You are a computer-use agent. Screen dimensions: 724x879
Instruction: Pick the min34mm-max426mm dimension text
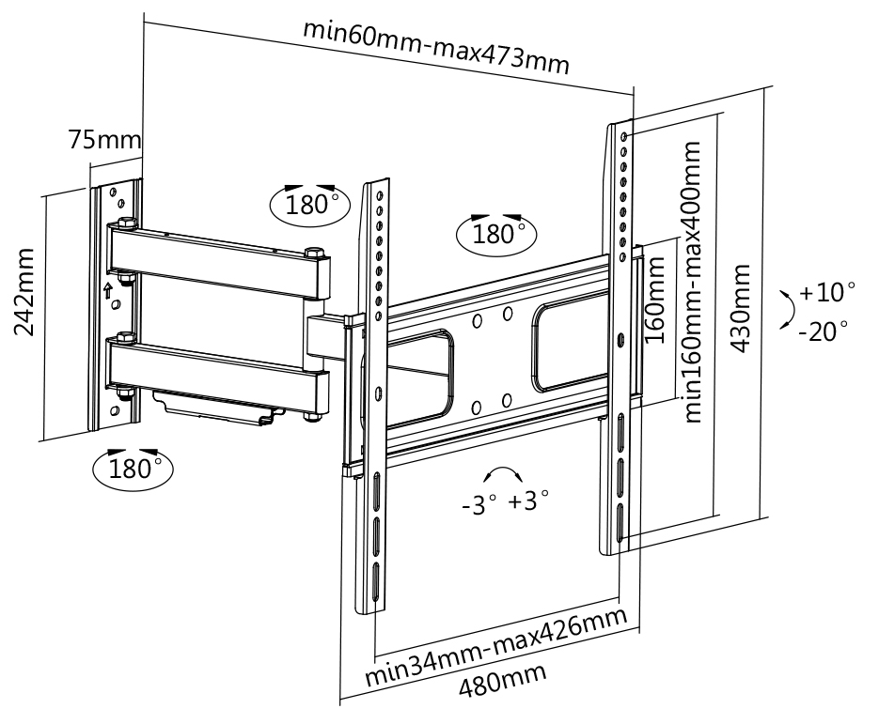[x=495, y=646]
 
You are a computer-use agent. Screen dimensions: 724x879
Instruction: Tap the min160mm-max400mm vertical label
[x=695, y=282]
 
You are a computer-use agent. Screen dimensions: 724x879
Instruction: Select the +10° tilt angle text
[x=827, y=292]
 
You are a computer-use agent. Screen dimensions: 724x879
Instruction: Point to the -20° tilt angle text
[x=824, y=331]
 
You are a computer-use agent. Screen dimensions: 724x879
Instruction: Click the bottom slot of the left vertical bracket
[x=374, y=583]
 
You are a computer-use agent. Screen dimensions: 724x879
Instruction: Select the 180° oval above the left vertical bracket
[x=306, y=203]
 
